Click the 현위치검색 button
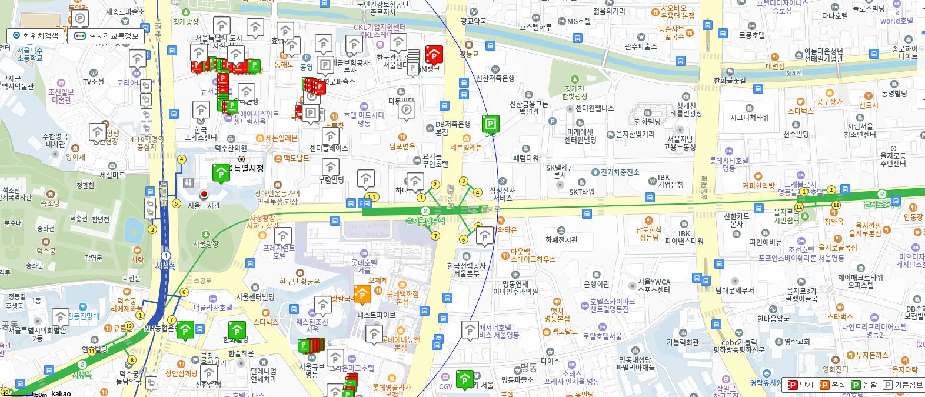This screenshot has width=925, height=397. tap(36, 36)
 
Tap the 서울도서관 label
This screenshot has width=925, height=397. tap(204, 206)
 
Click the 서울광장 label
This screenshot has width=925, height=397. tap(206, 243)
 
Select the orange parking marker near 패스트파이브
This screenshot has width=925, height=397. tap(362, 293)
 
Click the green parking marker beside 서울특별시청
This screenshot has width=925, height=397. tap(221, 172)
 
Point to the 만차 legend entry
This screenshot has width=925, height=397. tap(801, 385)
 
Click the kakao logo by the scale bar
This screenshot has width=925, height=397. tap(61, 393)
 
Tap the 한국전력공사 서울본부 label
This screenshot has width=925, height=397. tap(467, 269)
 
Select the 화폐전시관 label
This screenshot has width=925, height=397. tap(561, 240)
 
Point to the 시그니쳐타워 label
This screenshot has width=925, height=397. tap(749, 118)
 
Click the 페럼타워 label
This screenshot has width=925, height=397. tap(525, 158)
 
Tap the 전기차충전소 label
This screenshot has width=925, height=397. tap(620, 172)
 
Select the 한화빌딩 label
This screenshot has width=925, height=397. tap(647, 122)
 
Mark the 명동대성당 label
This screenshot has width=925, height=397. tap(635, 363)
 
